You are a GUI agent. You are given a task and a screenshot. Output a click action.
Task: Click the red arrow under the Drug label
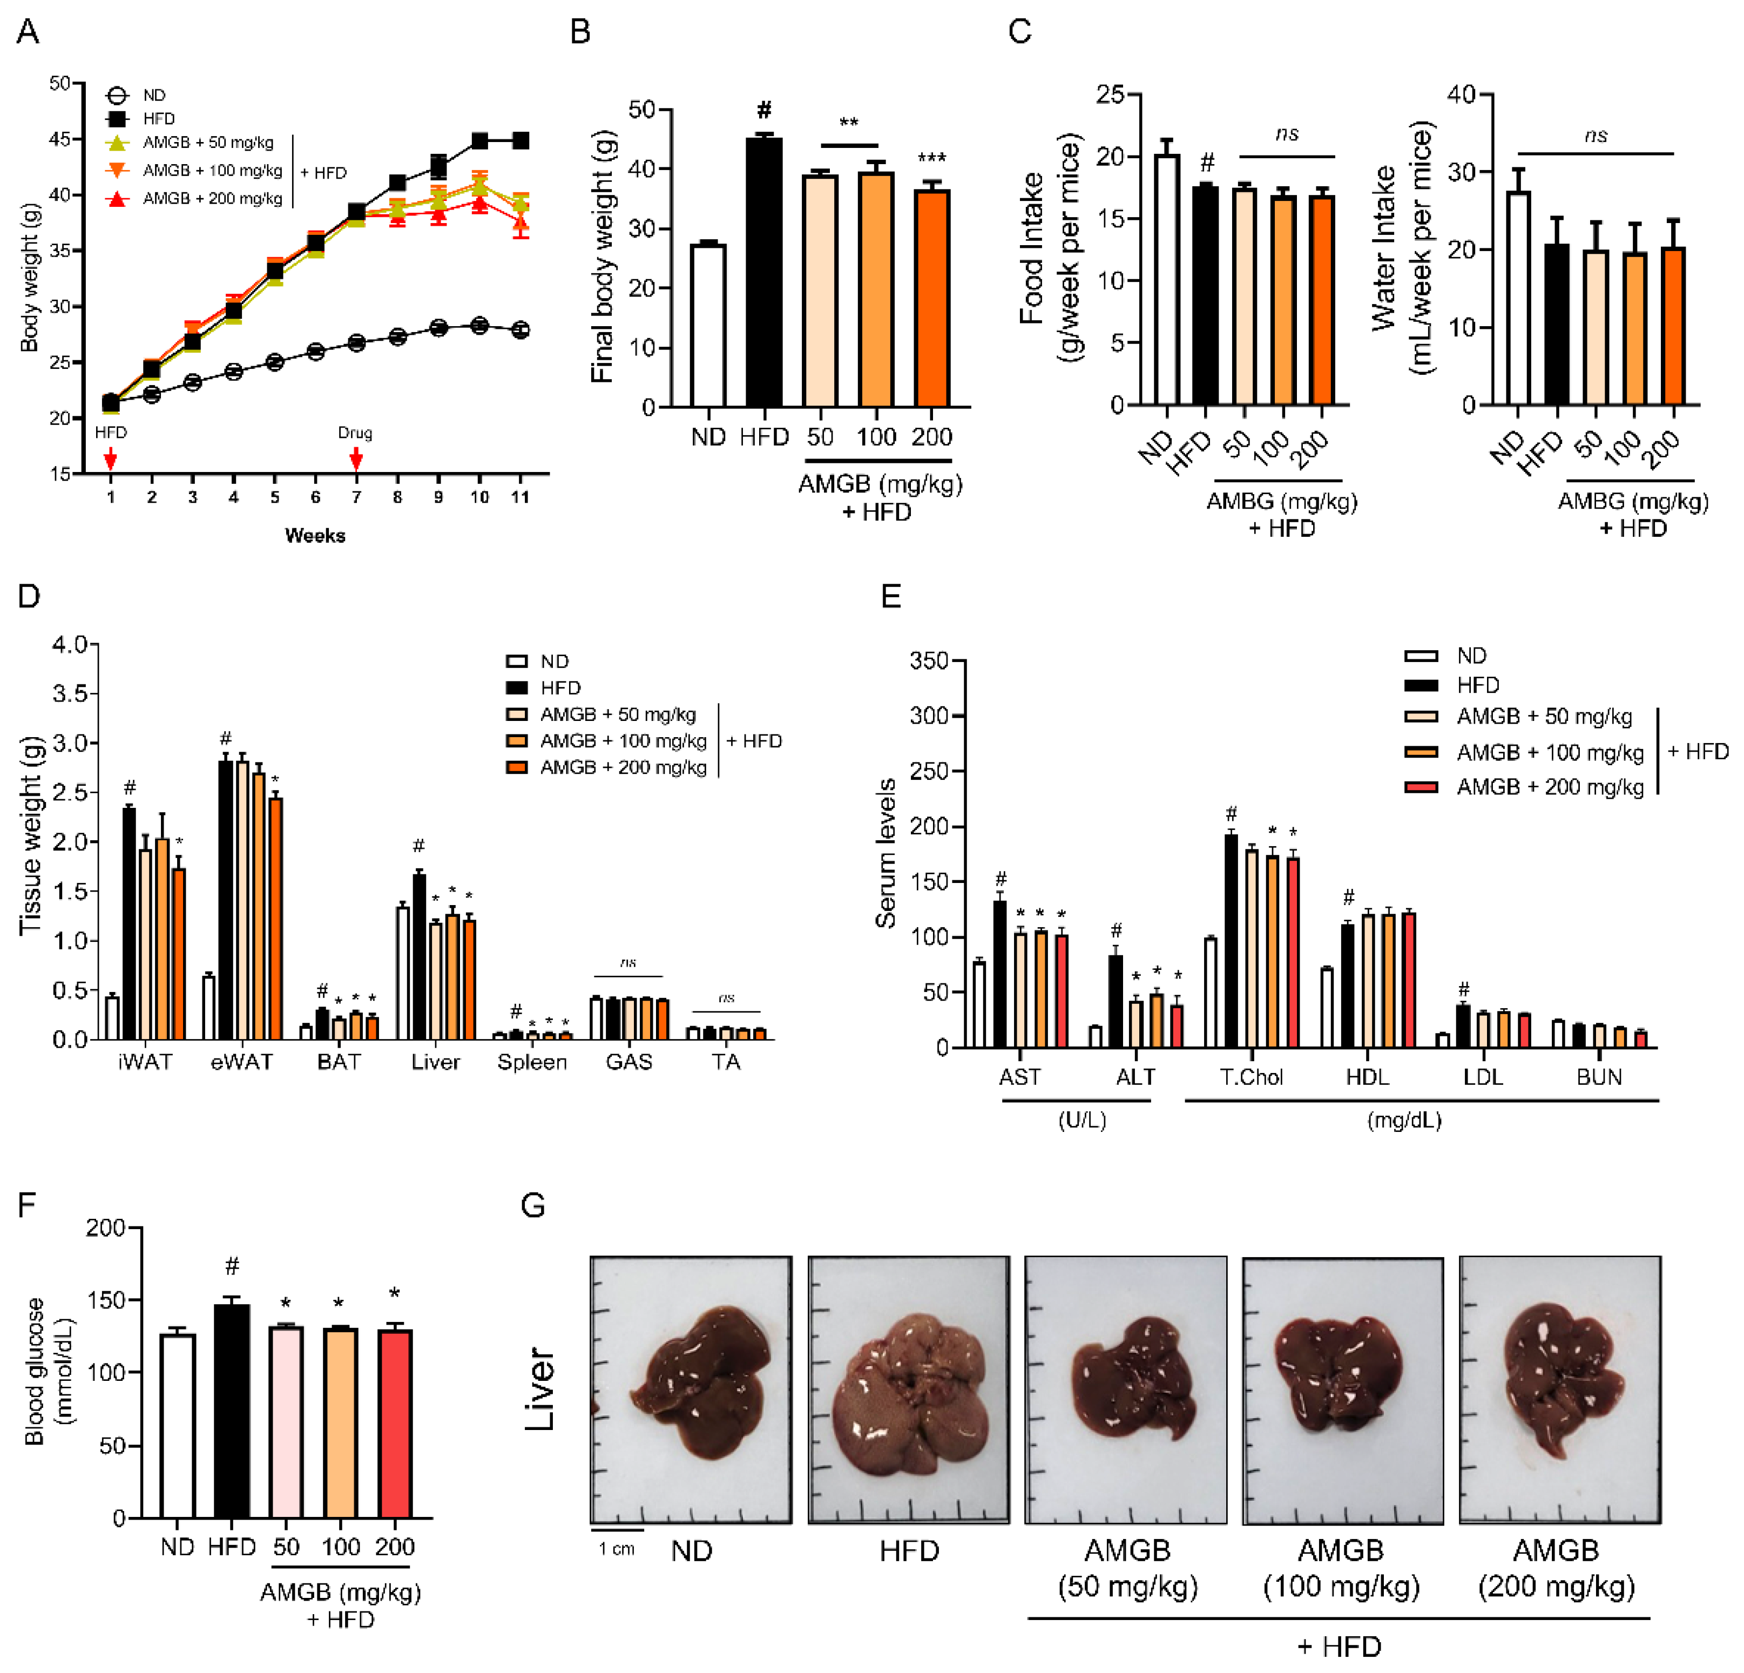(356, 458)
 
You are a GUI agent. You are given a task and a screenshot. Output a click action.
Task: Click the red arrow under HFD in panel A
(110, 458)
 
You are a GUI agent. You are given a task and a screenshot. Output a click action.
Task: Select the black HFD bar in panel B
(763, 272)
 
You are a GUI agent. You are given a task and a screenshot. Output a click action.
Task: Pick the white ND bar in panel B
(708, 325)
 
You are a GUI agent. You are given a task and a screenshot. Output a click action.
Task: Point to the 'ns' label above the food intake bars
(1287, 133)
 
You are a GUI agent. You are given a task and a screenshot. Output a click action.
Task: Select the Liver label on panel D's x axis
(435, 1062)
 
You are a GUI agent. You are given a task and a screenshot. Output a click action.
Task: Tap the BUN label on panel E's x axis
(1599, 1077)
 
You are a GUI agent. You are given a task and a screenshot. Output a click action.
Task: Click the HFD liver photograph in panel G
(909, 1390)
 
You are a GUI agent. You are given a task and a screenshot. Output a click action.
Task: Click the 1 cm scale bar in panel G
(617, 1530)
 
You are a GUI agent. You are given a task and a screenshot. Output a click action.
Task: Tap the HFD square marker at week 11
(521, 140)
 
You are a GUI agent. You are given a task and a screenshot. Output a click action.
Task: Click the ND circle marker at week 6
(315, 352)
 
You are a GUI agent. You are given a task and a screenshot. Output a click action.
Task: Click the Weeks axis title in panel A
(315, 535)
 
